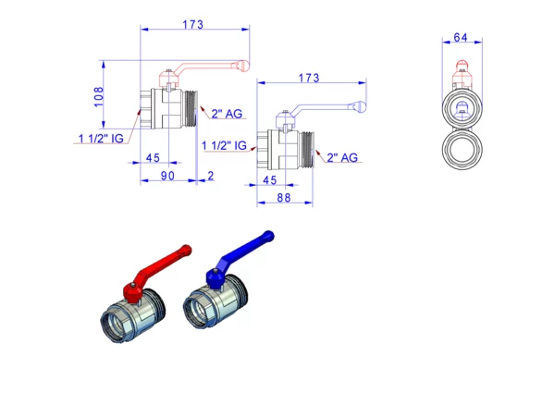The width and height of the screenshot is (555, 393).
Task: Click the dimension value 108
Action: click(x=98, y=96)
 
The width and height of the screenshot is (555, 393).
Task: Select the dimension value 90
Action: click(x=167, y=176)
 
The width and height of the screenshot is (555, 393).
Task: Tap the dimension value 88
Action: click(x=284, y=198)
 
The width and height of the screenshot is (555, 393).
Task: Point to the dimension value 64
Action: click(x=461, y=37)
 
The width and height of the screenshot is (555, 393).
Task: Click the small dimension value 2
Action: click(x=211, y=176)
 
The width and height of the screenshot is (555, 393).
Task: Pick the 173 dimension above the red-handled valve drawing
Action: click(x=193, y=25)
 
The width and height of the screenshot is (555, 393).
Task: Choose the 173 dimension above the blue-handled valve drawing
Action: click(x=309, y=78)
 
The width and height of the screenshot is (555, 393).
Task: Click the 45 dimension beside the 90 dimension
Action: click(x=153, y=158)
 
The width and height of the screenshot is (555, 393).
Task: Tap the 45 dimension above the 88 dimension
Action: click(x=269, y=180)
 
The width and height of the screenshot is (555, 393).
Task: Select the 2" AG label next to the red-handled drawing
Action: click(x=227, y=114)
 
